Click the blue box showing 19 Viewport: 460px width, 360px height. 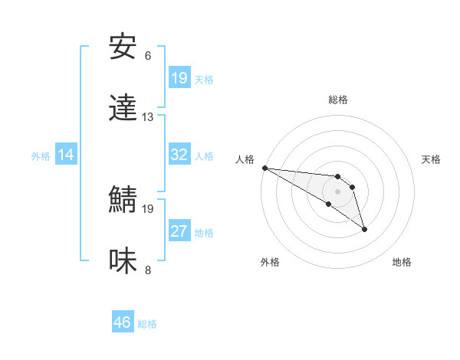[179, 78]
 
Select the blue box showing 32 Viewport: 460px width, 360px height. [179, 155]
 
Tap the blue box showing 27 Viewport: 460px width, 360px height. [179, 231]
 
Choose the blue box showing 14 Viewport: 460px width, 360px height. [66, 155]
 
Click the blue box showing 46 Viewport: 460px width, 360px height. [123, 322]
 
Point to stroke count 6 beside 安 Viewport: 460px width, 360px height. [148, 56]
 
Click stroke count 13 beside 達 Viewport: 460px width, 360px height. [148, 117]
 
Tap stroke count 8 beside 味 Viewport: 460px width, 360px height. [148, 270]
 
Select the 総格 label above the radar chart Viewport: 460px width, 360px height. [338, 100]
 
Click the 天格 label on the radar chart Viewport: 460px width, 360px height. [432, 159]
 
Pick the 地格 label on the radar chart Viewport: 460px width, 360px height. [402, 262]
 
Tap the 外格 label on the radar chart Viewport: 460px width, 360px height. [270, 262]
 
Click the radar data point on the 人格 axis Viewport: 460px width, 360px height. [264, 168]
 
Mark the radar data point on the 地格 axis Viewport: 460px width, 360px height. [364, 229]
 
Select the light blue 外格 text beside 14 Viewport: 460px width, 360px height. [41, 155]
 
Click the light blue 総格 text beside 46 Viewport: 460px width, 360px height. [147, 323]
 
